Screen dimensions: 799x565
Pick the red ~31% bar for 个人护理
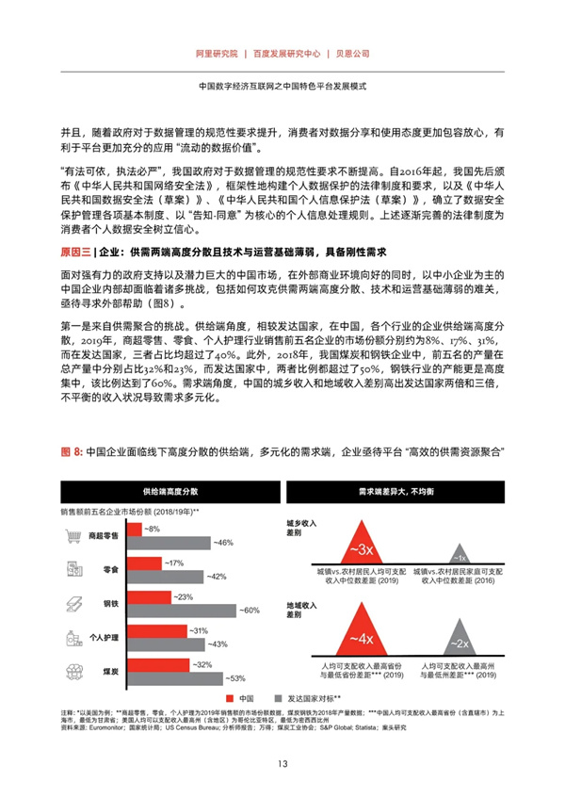click(x=157, y=629)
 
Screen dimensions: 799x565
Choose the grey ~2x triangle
click(x=459, y=641)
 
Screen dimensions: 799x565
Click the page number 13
click(x=282, y=763)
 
